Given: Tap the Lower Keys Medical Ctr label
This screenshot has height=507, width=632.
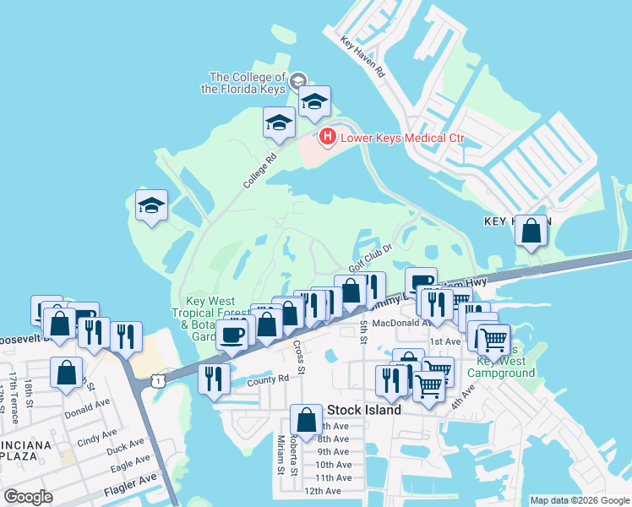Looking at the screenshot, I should tap(402, 138).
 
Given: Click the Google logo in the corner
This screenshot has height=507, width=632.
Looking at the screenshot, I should tap(28, 497).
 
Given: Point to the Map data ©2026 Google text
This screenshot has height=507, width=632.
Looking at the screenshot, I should tap(579, 500).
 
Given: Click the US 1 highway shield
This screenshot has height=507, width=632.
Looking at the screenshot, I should tap(157, 382).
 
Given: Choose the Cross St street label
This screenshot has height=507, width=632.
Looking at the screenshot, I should tap(297, 352).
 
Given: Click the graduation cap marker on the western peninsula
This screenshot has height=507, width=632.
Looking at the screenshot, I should tap(152, 205).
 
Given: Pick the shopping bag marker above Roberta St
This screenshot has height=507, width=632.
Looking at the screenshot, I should tap(306, 418).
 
